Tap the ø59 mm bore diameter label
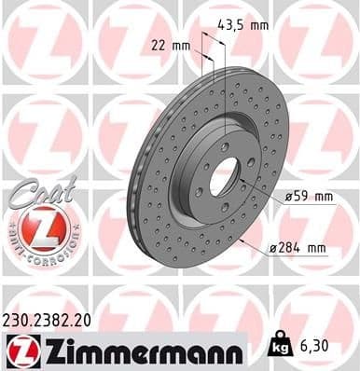(307, 197)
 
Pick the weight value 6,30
(314, 347)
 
